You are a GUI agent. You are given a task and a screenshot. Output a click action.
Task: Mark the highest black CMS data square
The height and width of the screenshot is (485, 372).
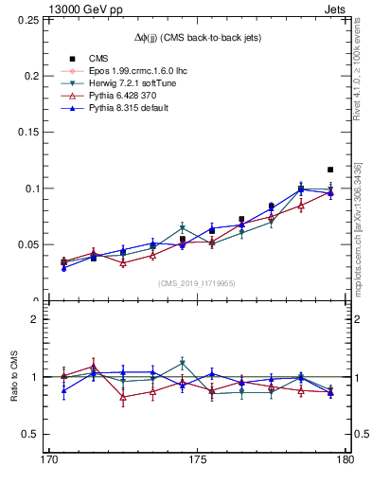pyautogui.click(x=330, y=170)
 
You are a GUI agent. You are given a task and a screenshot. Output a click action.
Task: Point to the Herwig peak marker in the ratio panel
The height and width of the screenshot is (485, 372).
pyautogui.click(x=182, y=363)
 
